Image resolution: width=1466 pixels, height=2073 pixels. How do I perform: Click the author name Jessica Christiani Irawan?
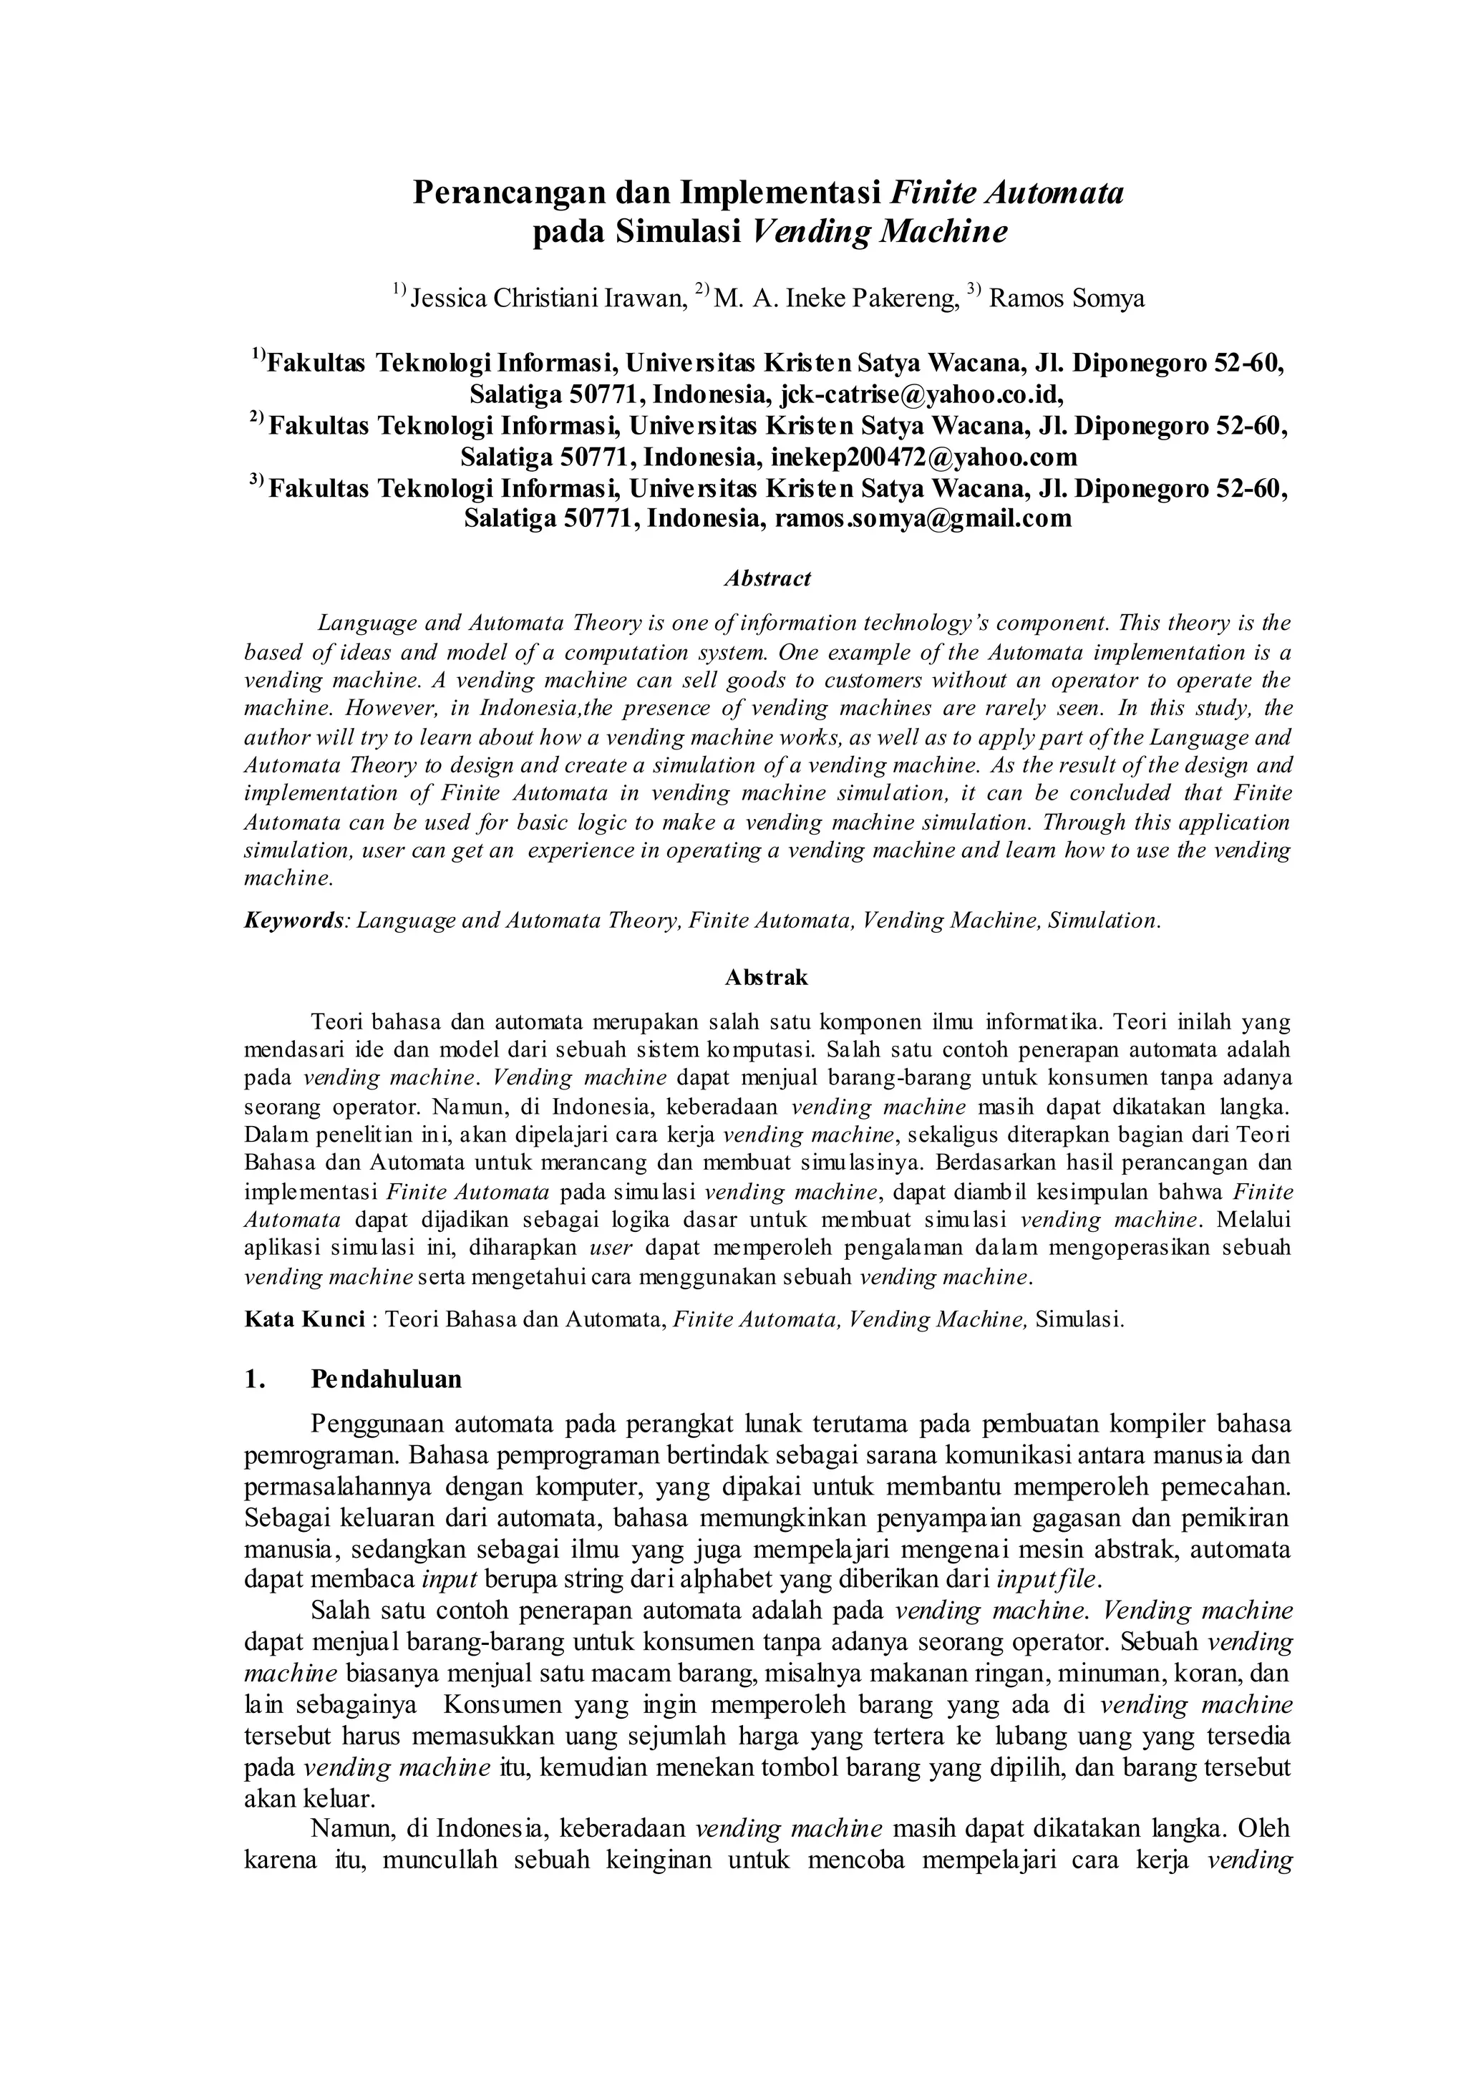click(x=543, y=298)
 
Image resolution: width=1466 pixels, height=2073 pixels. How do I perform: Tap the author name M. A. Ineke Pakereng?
click(x=835, y=298)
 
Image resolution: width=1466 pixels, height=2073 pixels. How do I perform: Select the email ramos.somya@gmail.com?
click(x=923, y=519)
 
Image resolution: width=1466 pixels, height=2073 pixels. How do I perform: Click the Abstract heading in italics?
click(x=767, y=579)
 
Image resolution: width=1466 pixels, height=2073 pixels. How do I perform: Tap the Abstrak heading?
click(x=767, y=977)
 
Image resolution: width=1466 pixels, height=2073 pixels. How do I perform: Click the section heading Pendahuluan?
click(x=387, y=1379)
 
